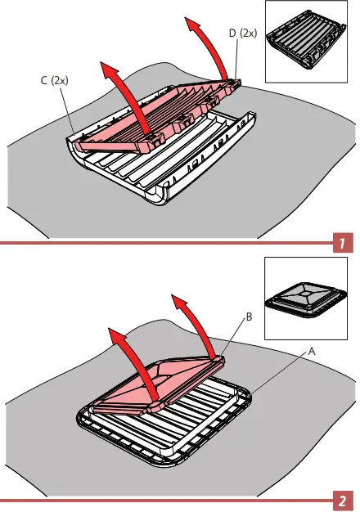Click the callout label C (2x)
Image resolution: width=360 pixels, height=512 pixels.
[x=55, y=80]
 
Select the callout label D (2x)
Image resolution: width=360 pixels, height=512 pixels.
[x=243, y=33]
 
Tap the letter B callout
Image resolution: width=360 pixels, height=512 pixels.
[x=249, y=317]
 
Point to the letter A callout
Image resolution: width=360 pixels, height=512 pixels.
[x=312, y=352]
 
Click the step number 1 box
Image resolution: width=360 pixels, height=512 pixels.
[x=343, y=243]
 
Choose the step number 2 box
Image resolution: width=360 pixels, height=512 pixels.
[x=343, y=501]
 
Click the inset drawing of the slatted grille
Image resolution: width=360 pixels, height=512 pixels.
[x=306, y=41]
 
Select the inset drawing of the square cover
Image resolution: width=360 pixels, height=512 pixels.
[x=306, y=299]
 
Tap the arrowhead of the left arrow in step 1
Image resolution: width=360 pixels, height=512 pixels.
[x=110, y=70]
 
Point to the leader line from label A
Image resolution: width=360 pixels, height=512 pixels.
[x=279, y=373]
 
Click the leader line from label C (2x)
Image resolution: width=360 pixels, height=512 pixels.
[x=68, y=110]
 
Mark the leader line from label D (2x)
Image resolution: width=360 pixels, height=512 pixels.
[x=236, y=59]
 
